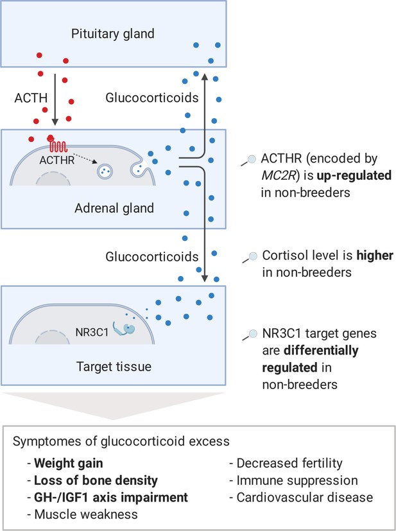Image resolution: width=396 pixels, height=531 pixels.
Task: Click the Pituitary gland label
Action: click(x=113, y=34)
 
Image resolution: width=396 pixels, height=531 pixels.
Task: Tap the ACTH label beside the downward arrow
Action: click(x=31, y=98)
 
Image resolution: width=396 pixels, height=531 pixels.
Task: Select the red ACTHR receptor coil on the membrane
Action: click(x=58, y=145)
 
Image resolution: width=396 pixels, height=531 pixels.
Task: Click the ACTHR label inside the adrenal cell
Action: click(x=57, y=160)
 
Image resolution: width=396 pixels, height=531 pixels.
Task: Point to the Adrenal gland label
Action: click(x=114, y=208)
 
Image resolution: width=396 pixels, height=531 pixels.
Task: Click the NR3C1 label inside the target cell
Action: click(x=92, y=332)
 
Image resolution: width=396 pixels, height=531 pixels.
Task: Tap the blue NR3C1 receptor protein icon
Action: click(x=125, y=329)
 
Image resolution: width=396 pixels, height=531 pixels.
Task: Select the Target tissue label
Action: click(x=114, y=367)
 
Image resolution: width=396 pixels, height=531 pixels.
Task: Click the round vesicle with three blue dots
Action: click(x=105, y=171)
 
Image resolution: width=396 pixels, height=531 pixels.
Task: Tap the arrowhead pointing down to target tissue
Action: click(x=205, y=279)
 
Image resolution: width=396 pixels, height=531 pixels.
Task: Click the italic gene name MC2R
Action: click(x=277, y=176)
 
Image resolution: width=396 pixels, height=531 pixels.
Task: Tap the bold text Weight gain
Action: click(x=69, y=463)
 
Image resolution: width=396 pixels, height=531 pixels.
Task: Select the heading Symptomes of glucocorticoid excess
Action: click(x=121, y=442)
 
